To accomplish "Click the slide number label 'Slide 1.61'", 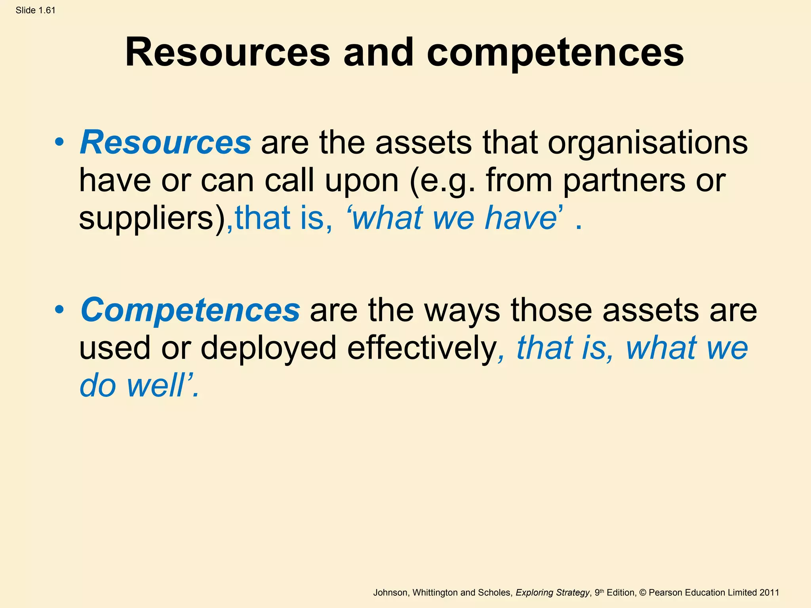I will (36, 10).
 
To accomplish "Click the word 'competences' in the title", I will (555, 53).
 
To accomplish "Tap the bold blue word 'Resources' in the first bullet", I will (166, 142).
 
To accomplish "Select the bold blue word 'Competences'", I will (190, 310).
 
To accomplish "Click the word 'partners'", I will (624, 180).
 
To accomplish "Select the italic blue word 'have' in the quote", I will (521, 218).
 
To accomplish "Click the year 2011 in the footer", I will (769, 593).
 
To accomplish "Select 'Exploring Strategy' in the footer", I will (552, 593).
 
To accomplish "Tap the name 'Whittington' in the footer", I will (435, 593).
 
